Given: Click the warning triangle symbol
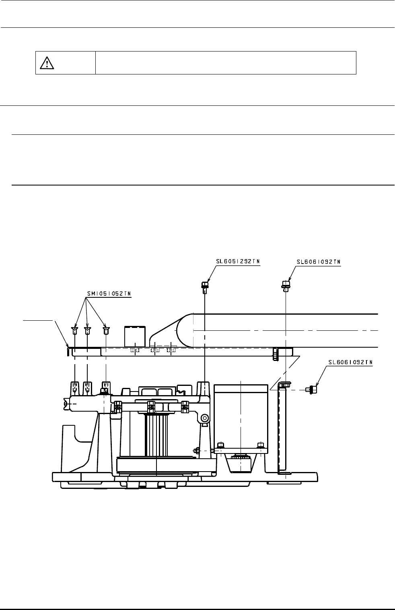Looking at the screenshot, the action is click(x=47, y=63).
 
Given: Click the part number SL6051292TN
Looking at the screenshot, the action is click(x=238, y=262).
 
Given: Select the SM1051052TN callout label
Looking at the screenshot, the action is click(x=109, y=294).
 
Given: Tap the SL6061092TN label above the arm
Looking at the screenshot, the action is click(x=319, y=262).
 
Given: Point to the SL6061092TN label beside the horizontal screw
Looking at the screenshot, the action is click(x=350, y=363).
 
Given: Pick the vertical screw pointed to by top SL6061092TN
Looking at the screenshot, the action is click(x=286, y=286).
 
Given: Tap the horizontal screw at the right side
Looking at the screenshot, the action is click(x=311, y=389).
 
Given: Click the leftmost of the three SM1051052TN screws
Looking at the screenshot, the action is click(x=74, y=331).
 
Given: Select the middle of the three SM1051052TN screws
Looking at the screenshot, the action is click(x=87, y=331).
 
